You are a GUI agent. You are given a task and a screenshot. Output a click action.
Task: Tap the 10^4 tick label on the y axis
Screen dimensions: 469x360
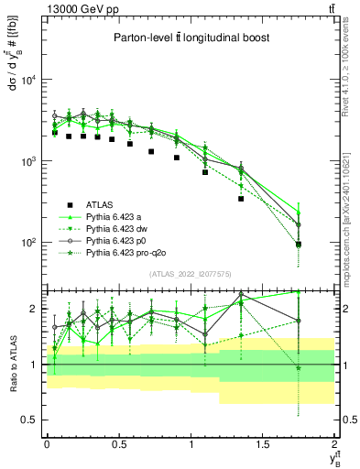pyautogui.click(x=29, y=80)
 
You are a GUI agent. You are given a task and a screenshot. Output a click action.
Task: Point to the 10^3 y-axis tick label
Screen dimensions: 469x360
pyautogui.click(x=29, y=161)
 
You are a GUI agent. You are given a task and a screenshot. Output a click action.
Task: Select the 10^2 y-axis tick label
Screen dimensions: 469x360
pyautogui.click(x=29, y=243)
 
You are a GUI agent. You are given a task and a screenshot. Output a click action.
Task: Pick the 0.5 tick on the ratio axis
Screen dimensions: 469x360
pyautogui.click(x=30, y=420)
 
